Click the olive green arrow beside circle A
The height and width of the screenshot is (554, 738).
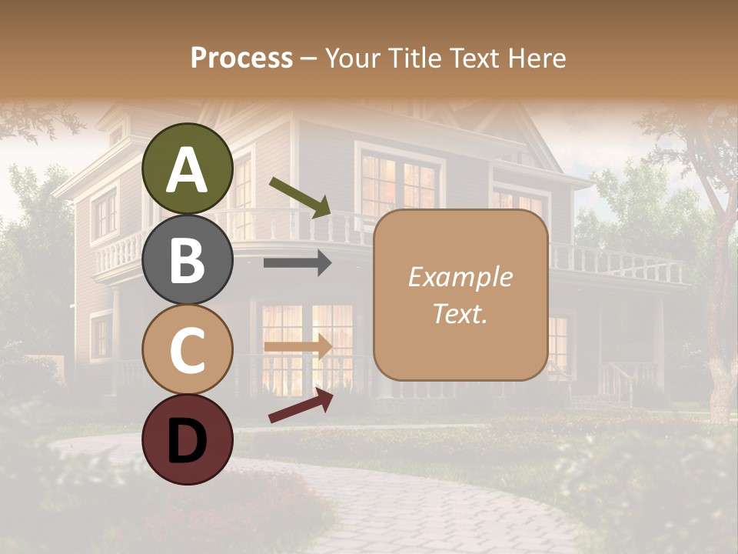(300, 196)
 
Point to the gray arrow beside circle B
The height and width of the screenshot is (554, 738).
(298, 263)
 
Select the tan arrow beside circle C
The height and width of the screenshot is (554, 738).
(298, 346)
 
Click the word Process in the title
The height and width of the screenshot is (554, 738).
(241, 58)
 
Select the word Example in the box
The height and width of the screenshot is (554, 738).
(460, 277)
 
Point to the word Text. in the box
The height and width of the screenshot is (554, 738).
(460, 314)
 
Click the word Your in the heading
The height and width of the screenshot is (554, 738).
(351, 58)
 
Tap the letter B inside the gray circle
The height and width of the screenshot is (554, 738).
(187, 261)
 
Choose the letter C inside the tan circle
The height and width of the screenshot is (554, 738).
(187, 351)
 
